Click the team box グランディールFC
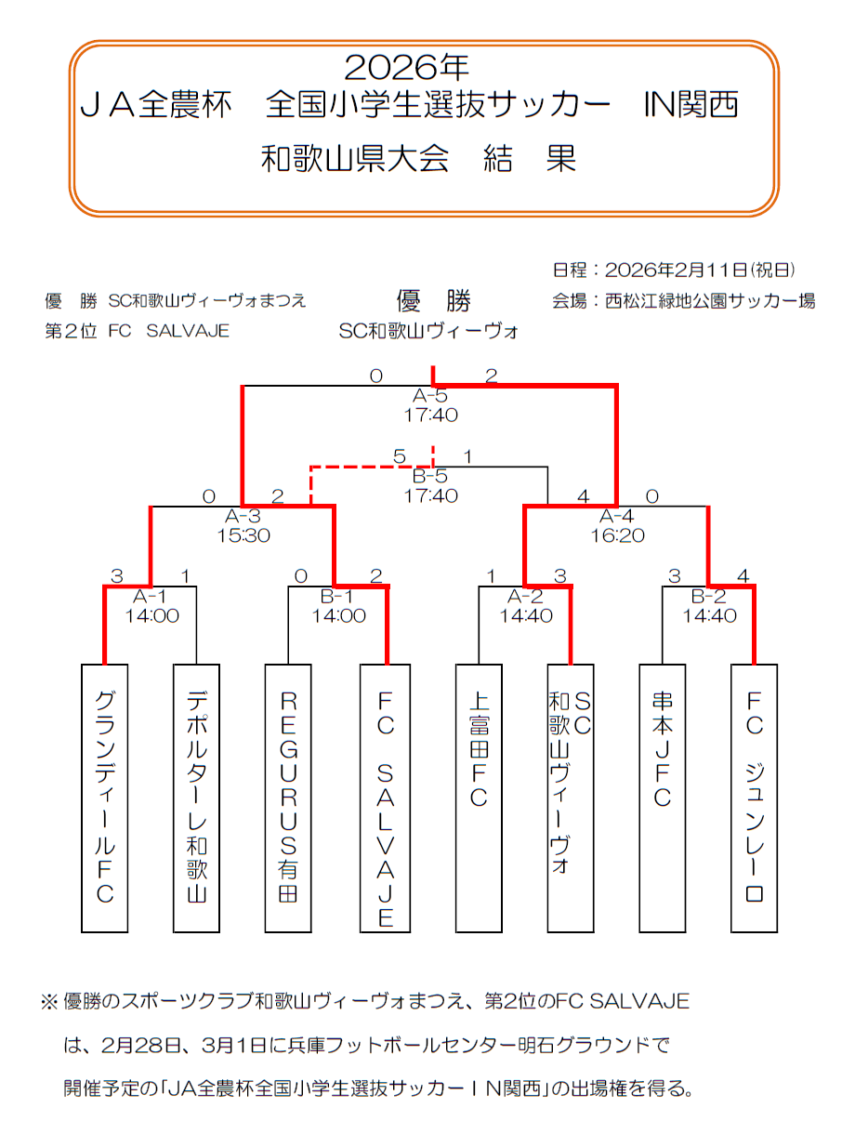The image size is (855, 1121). pyautogui.click(x=104, y=798)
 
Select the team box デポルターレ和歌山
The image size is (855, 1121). pyautogui.click(x=196, y=798)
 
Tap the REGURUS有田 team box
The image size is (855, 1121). pyautogui.click(x=288, y=798)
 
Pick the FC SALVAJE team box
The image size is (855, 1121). pyautogui.click(x=385, y=798)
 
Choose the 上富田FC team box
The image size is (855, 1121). pyautogui.click(x=478, y=798)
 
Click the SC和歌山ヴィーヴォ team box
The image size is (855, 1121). pyautogui.click(x=570, y=798)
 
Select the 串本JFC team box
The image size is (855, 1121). pyautogui.click(x=662, y=798)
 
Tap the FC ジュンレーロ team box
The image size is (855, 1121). pyautogui.click(x=754, y=798)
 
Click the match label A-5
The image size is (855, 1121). pyautogui.click(x=431, y=397)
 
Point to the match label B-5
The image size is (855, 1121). pyautogui.click(x=431, y=477)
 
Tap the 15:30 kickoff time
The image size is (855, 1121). pyautogui.click(x=243, y=535)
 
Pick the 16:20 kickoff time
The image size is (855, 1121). pyautogui.click(x=617, y=535)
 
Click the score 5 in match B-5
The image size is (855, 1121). pyautogui.click(x=399, y=456)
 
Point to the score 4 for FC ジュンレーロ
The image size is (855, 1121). pyautogui.click(x=742, y=576)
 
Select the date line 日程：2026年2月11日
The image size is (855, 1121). pyautogui.click(x=674, y=270)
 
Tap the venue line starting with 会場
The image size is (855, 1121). pyautogui.click(x=683, y=300)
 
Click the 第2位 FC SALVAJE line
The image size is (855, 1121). pyautogui.click(x=138, y=331)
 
